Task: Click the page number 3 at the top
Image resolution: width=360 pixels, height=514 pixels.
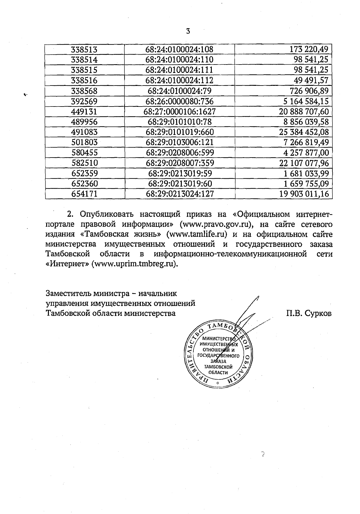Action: (188, 31)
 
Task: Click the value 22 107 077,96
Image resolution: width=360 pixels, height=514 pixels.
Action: (304, 163)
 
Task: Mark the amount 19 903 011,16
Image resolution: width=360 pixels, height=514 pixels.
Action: (304, 194)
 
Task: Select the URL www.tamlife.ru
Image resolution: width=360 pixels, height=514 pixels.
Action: (196, 234)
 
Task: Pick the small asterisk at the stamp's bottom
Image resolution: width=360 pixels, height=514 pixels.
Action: (218, 384)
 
